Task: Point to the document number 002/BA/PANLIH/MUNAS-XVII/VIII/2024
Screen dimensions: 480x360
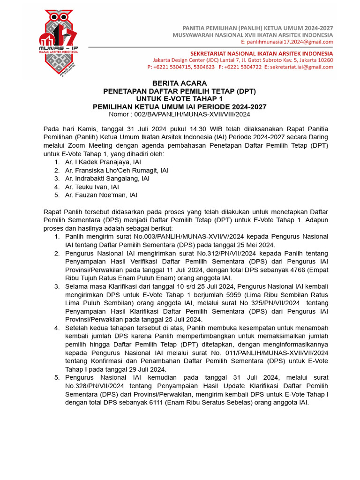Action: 192,114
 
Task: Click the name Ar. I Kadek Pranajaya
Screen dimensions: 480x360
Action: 97,162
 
